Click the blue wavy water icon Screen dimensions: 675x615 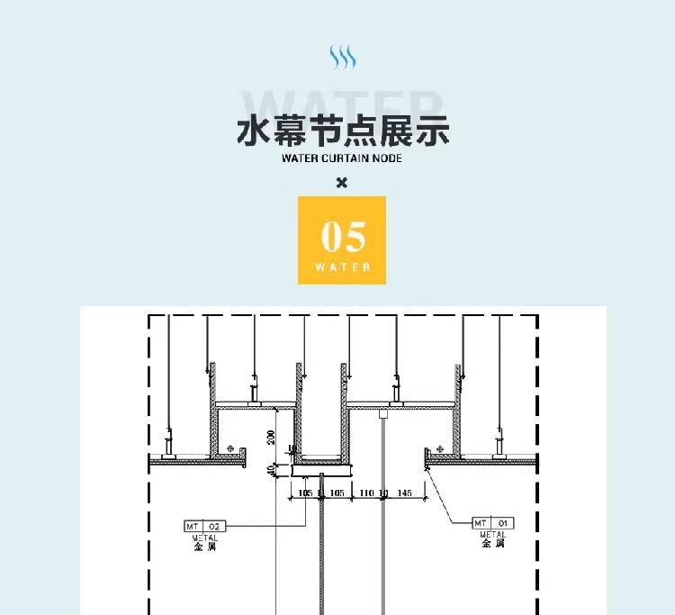[342, 58]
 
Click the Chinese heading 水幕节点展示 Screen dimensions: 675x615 [342, 131]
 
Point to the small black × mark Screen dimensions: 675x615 [341, 183]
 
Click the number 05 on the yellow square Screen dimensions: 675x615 [343, 238]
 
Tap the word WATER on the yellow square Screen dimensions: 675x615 [343, 267]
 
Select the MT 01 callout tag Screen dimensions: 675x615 [493, 523]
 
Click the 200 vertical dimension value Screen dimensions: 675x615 [270, 438]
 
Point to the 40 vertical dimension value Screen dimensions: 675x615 [270, 469]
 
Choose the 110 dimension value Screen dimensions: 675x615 [366, 494]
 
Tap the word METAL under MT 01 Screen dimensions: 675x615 [493, 535]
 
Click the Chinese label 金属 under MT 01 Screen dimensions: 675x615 [493, 544]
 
